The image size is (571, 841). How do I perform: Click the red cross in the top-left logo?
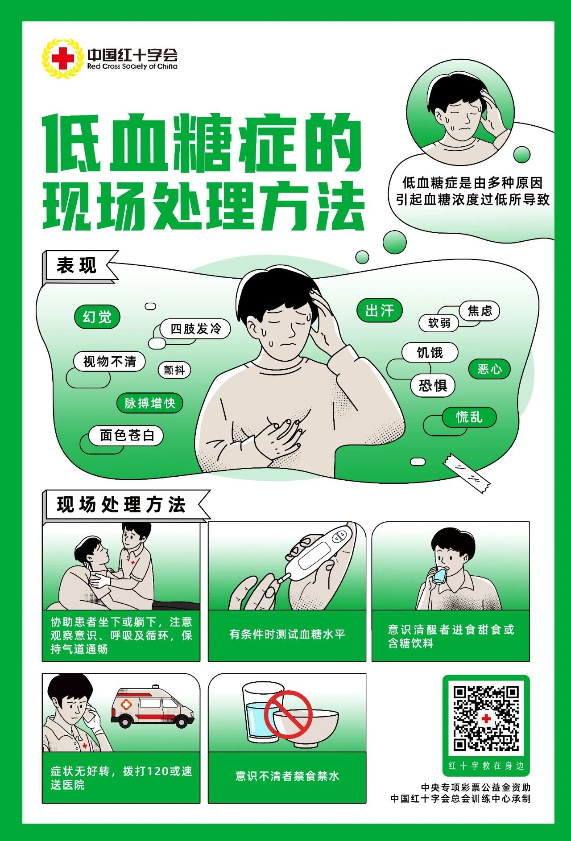click(62, 58)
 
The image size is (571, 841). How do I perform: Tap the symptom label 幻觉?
click(97, 317)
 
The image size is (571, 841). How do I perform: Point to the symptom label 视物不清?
click(109, 361)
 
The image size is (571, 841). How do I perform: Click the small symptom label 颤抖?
click(174, 370)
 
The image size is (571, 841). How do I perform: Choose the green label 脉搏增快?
click(150, 403)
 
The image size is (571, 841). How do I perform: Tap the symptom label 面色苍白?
click(127, 435)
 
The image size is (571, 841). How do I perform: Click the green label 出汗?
click(380, 310)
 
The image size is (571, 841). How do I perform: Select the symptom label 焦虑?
click(480, 311)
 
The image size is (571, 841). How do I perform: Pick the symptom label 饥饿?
click(430, 353)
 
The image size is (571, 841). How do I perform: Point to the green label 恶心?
click(489, 369)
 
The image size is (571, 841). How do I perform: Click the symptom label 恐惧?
click(433, 385)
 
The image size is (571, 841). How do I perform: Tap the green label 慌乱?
click(469, 417)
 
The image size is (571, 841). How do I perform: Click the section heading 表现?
click(76, 266)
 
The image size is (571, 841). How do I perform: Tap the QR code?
click(486, 718)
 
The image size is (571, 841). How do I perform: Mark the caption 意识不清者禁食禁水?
click(287, 776)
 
